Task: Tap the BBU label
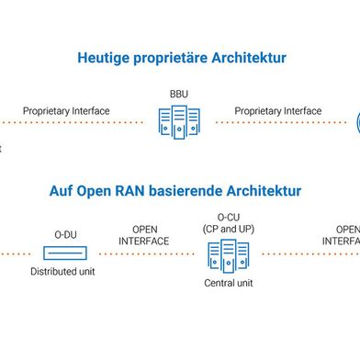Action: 179,94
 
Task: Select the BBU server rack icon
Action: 178,121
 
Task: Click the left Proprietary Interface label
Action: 66,111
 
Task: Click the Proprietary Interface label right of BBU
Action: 278,111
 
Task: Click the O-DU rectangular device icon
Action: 65,253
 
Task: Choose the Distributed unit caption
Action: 62,273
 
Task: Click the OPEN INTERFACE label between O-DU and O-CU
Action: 145,235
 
